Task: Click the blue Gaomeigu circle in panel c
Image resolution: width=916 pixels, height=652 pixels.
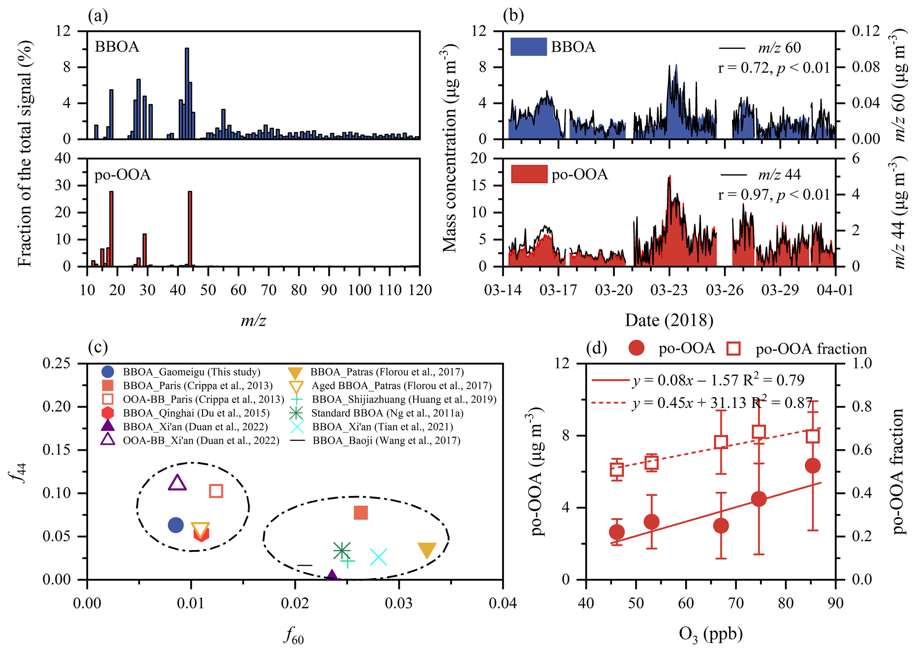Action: (176, 525)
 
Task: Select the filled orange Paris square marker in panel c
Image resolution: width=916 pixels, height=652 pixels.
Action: (361, 513)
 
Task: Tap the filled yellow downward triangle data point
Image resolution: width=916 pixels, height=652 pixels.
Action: (427, 550)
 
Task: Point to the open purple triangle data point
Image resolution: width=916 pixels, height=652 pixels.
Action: (177, 483)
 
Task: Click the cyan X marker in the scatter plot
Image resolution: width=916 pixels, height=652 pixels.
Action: (378, 558)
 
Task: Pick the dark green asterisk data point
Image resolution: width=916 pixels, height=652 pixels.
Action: (342, 551)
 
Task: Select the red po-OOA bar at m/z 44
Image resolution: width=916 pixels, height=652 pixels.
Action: (190, 228)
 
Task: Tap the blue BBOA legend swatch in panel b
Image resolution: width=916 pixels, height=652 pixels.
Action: (528, 47)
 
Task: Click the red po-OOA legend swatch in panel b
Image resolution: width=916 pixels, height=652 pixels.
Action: (529, 174)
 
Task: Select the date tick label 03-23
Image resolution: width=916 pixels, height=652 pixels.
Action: (669, 290)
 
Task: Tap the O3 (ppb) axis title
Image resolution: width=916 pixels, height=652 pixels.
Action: (710, 634)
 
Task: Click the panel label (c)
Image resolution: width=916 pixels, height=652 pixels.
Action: (98, 347)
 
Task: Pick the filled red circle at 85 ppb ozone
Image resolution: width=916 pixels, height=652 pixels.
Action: (812, 465)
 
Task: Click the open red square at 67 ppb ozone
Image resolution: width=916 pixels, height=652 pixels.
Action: (721, 442)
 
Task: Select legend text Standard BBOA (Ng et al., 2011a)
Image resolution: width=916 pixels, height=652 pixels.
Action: (387, 413)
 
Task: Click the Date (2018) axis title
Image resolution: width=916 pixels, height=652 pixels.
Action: (669, 320)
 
